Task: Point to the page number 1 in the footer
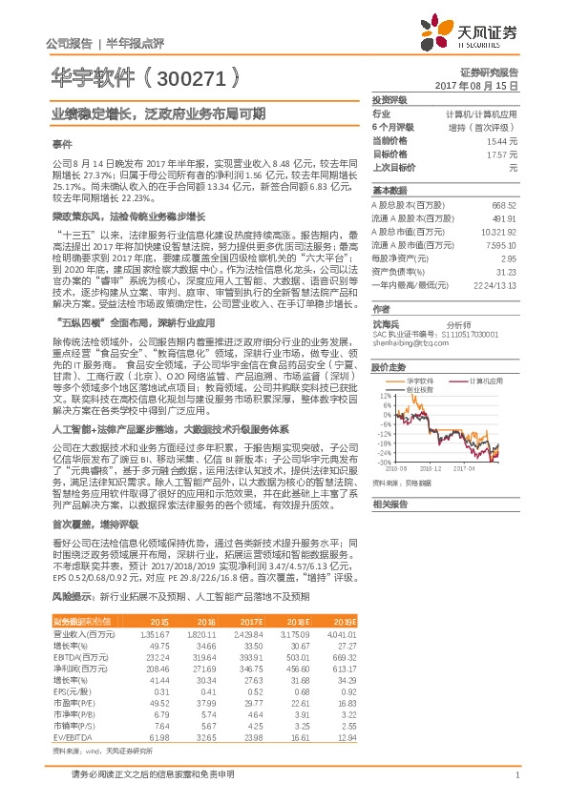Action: click(x=516, y=774)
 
